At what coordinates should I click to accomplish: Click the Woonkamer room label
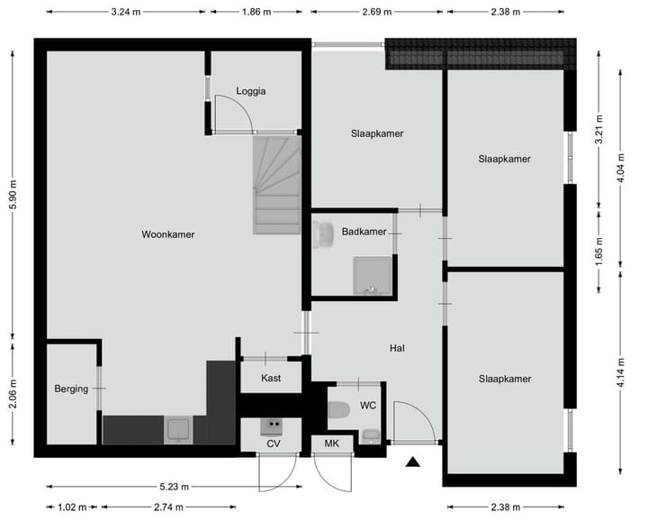pyautogui.click(x=167, y=234)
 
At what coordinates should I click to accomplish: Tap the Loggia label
pyautogui.click(x=251, y=91)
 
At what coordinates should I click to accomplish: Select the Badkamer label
pyautogui.click(x=364, y=232)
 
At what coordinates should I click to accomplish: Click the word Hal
pyautogui.click(x=397, y=348)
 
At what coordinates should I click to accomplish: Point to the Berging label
pyautogui.click(x=71, y=388)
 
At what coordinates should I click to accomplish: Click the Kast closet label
pyautogui.click(x=271, y=378)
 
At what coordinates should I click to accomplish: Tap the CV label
pyautogui.click(x=273, y=443)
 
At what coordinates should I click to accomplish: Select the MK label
pyautogui.click(x=331, y=443)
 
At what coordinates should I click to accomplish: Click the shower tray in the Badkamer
pyautogui.click(x=373, y=276)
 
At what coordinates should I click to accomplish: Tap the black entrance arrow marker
pyautogui.click(x=413, y=463)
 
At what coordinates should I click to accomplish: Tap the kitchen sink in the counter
pyautogui.click(x=178, y=429)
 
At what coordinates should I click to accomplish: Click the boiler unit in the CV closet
pyautogui.click(x=272, y=425)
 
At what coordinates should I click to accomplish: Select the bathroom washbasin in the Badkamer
pyautogui.click(x=324, y=235)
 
